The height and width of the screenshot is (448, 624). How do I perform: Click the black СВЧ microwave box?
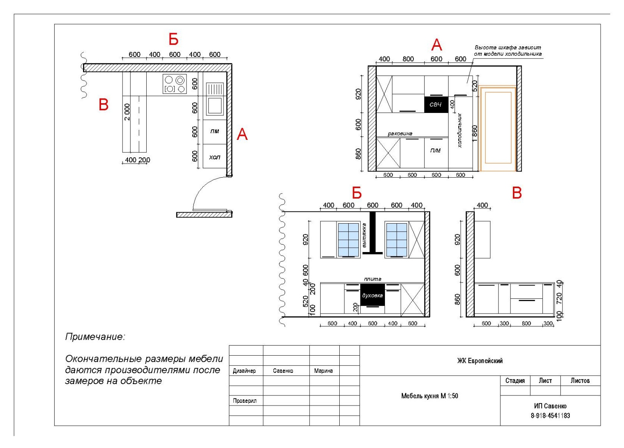[436, 105]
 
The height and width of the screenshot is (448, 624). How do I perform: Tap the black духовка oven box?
[372, 295]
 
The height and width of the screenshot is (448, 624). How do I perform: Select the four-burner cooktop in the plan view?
[175, 84]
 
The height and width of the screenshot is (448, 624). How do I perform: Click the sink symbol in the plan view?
[215, 99]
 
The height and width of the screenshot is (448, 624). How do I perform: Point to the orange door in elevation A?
[498, 128]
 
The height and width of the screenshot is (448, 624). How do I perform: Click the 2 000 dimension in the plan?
[127, 112]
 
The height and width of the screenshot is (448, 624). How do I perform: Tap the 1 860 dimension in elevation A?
[475, 133]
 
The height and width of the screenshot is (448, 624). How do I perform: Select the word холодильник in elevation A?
[460, 130]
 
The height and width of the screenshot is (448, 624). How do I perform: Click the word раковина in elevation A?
[400, 134]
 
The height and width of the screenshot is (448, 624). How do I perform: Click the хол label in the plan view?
[214, 157]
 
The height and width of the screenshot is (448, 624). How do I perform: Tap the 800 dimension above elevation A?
[408, 59]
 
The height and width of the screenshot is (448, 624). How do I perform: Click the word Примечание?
[95, 337]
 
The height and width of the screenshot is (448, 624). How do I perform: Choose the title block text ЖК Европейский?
[480, 361]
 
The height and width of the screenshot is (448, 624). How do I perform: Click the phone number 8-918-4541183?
[550, 416]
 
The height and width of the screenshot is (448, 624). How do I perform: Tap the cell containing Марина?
[324, 370]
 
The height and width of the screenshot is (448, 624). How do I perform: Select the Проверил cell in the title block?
[246, 401]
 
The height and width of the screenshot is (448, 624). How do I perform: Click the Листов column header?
[580, 381]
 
